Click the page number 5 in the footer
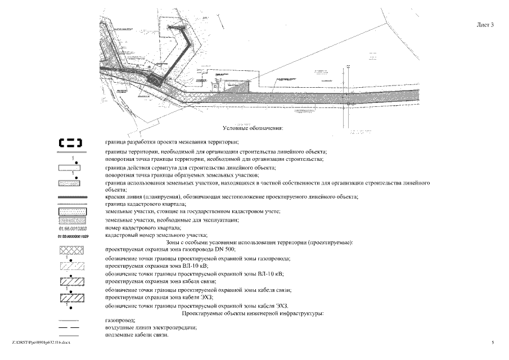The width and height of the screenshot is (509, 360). [492, 342]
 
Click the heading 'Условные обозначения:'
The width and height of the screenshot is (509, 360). [253, 129]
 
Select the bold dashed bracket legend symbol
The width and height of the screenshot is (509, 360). [71, 143]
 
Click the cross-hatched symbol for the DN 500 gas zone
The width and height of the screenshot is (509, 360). [71, 251]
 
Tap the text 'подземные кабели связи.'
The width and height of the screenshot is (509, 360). [137, 335]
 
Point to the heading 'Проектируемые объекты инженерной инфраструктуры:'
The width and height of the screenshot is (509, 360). [252, 312]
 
